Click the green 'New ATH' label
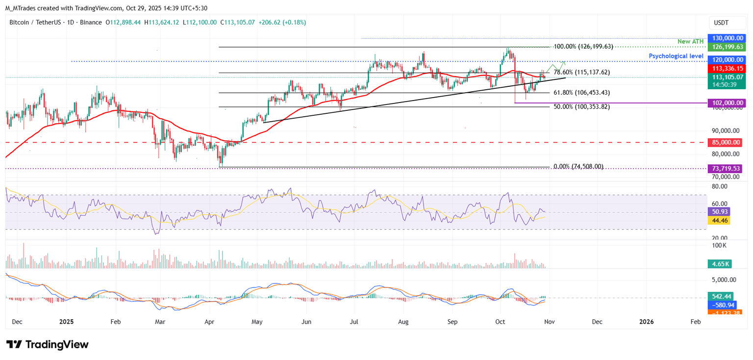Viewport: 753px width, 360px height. point(690,42)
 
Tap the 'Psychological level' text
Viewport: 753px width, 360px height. point(676,56)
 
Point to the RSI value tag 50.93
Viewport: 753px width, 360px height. point(719,212)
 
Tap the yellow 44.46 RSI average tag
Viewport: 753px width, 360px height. point(719,221)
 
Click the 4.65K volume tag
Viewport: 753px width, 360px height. point(719,263)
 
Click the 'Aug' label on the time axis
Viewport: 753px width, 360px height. point(403,322)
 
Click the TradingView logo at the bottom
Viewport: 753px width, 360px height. point(48,344)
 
